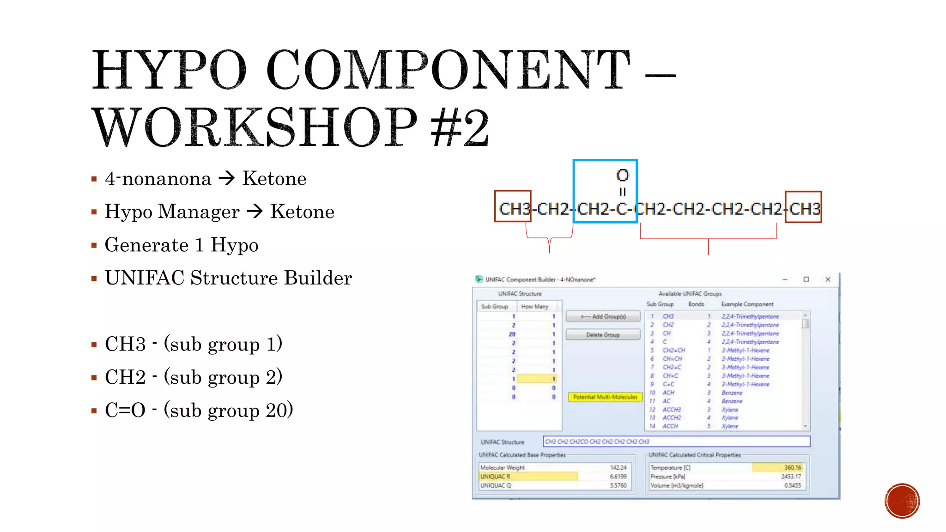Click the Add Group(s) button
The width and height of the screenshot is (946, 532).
tap(603, 316)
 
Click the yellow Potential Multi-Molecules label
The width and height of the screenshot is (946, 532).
tap(605, 397)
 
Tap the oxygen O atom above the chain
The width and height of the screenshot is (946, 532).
tap(623, 175)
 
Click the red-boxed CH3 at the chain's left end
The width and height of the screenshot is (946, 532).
tap(513, 209)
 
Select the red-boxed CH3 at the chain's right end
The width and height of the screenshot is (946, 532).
tap(804, 209)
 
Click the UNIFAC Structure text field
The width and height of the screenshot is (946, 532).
tap(676, 441)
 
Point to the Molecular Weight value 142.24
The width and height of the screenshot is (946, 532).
tap(618, 467)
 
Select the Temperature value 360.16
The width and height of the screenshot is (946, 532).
tap(793, 467)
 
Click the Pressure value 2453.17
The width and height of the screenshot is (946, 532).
tap(791, 476)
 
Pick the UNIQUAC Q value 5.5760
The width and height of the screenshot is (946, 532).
tap(618, 485)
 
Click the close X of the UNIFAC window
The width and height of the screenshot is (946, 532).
tap(828, 279)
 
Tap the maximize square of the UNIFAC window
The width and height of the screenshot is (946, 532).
tap(806, 279)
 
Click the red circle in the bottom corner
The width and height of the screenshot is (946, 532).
tap(902, 501)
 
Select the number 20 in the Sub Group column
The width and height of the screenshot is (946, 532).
tap(512, 334)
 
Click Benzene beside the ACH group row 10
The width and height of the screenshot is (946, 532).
tap(732, 393)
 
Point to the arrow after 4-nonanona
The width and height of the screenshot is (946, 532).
tap(227, 178)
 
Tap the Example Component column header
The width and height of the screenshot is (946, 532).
tap(747, 304)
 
